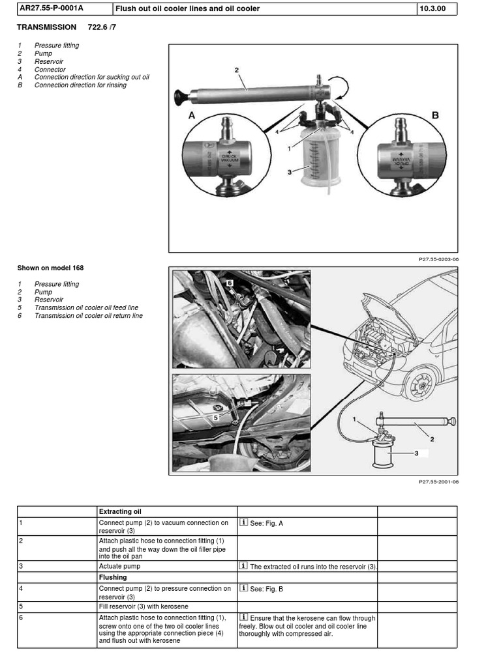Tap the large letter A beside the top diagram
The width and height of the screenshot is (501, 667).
[x=192, y=115]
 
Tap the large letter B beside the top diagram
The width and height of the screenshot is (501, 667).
[x=435, y=115]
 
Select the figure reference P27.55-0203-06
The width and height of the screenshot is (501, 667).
[x=438, y=259]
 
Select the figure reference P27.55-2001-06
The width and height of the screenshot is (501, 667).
[x=438, y=482]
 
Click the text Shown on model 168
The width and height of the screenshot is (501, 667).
[x=50, y=268]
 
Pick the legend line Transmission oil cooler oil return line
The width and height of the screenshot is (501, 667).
[x=88, y=316]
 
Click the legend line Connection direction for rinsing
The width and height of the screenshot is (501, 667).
[x=89, y=85]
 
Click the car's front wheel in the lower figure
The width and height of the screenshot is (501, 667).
[x=419, y=384]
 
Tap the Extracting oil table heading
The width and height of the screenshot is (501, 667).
[x=119, y=511]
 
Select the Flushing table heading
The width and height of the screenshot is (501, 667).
[x=113, y=577]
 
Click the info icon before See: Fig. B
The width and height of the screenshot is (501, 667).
[x=243, y=588]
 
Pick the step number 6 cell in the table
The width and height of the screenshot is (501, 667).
[x=22, y=617]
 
